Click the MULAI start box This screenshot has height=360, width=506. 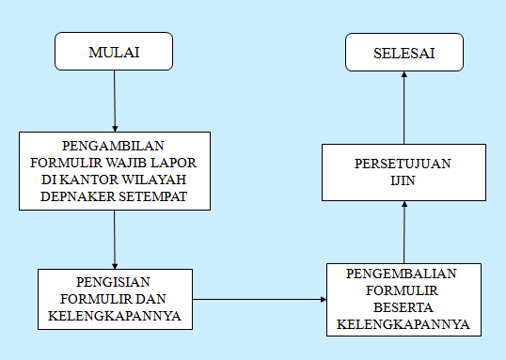(x=114, y=52)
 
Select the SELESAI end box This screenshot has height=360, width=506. (x=403, y=52)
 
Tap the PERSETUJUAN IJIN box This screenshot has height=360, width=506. (x=403, y=172)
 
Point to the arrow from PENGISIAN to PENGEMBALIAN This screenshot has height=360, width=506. (x=260, y=300)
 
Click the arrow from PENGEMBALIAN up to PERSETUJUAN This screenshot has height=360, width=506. (x=403, y=232)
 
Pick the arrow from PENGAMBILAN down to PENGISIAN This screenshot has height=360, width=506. (x=114, y=240)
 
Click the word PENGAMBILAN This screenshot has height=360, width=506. (x=114, y=146)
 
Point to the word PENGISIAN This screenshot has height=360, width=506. (x=114, y=281)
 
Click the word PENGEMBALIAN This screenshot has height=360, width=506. (x=403, y=274)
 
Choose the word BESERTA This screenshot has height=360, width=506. (x=403, y=307)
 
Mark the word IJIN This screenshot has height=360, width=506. (x=403, y=180)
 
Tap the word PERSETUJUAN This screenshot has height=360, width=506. (x=403, y=164)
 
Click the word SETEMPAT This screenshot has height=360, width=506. (x=151, y=196)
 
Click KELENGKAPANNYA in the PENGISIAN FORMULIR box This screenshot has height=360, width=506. (x=114, y=316)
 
